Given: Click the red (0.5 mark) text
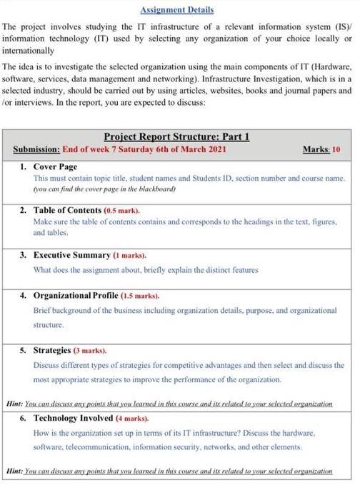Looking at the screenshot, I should click(x=122, y=212).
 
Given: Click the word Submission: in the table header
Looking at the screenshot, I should click(x=36, y=149).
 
